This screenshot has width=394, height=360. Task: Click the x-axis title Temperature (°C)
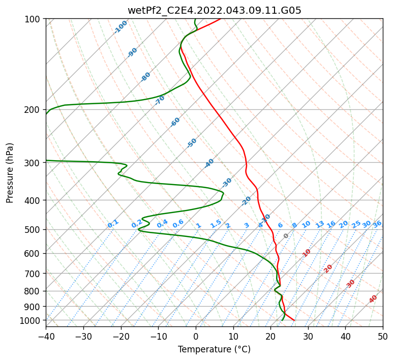pyautogui.click(x=214, y=350)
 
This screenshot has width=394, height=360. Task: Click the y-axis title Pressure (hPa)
pyautogui.click(x=10, y=173)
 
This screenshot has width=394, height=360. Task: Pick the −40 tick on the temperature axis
pyautogui.click(x=46, y=336)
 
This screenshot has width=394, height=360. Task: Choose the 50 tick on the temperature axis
pyautogui.click(x=383, y=336)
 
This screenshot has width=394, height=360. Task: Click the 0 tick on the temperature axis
pyautogui.click(x=196, y=336)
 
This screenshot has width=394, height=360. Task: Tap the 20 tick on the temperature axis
pyautogui.click(x=270, y=336)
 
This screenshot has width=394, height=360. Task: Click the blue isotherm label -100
pyautogui.click(x=120, y=27)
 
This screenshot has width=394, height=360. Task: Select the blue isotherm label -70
pyautogui.click(x=160, y=100)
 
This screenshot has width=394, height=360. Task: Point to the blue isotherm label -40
pyautogui.click(x=209, y=163)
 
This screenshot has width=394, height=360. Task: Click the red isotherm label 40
pyautogui.click(x=373, y=299)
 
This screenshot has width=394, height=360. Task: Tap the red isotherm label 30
pyautogui.click(x=351, y=284)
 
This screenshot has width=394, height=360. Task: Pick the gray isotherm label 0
pyautogui.click(x=286, y=236)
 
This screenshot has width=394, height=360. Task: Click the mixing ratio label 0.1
pyautogui.click(x=113, y=224)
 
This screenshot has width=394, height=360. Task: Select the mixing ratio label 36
pyautogui.click(x=377, y=224)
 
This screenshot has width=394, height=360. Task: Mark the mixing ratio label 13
pyautogui.click(x=320, y=224)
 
